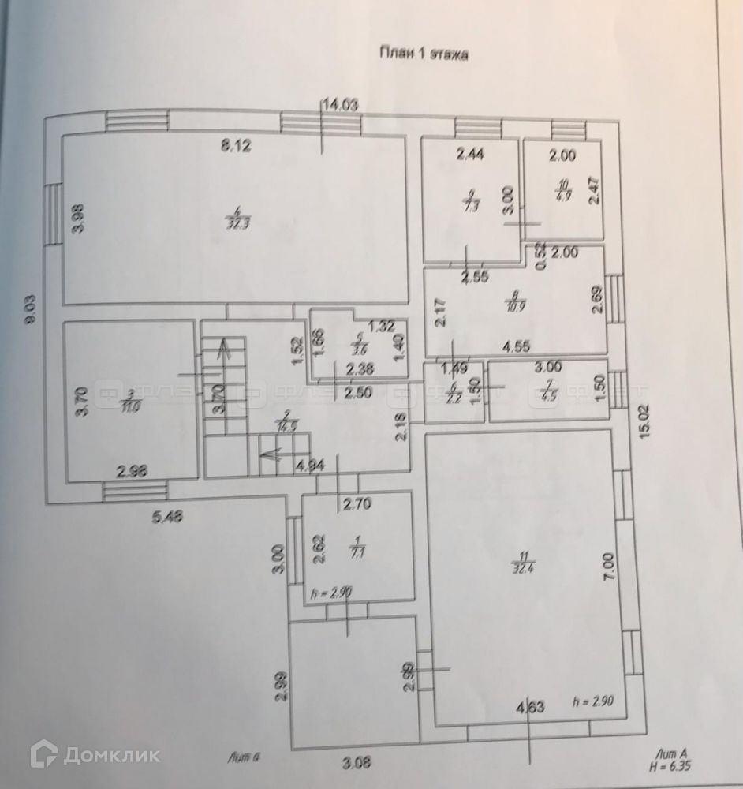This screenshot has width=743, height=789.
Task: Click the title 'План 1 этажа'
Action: (424, 54)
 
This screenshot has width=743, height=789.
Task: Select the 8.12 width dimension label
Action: (236, 145)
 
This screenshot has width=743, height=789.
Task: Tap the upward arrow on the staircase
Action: (225, 351)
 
